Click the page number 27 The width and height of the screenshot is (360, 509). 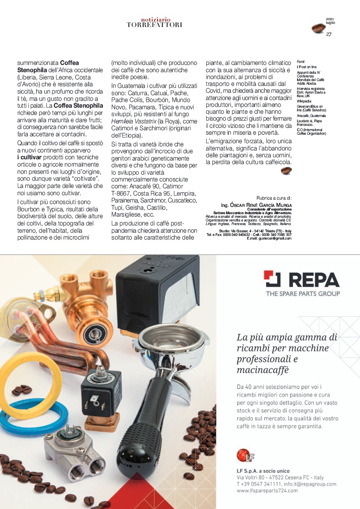[x=329, y=34]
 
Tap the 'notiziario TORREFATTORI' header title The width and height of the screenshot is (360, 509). [x=155, y=22]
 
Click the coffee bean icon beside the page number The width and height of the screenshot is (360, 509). [x=318, y=28]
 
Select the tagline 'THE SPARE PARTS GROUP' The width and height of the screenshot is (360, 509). [x=303, y=294]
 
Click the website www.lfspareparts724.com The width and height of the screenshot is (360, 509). [x=267, y=490]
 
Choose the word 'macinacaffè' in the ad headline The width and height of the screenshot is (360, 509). [x=263, y=370]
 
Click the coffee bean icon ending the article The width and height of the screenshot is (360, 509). [x=286, y=171]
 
